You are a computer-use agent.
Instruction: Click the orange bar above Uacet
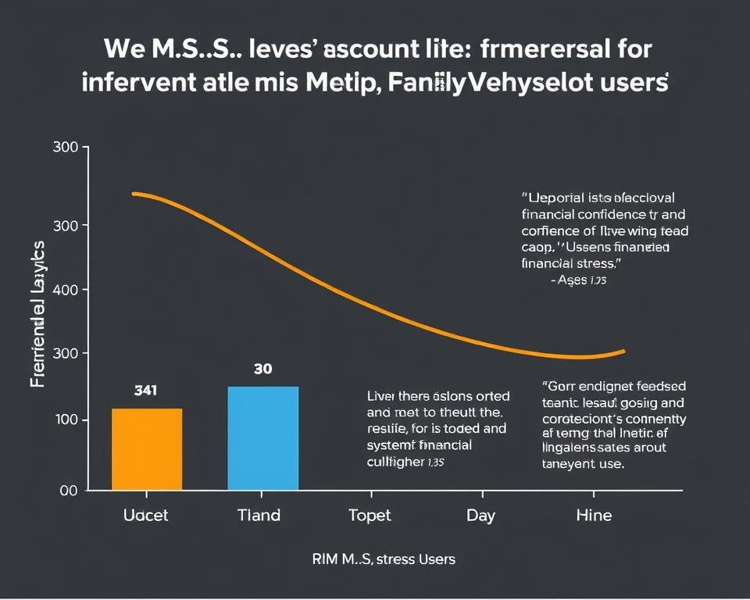(x=147, y=449)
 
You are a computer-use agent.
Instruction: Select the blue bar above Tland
(x=262, y=438)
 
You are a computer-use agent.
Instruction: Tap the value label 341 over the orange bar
(x=146, y=390)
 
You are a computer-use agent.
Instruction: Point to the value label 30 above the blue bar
(x=263, y=369)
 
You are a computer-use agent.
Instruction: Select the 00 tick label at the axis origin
(x=68, y=491)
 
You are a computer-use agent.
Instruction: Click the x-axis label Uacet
(x=146, y=515)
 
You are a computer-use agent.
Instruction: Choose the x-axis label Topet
(x=370, y=515)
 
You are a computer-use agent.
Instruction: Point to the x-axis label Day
(x=481, y=515)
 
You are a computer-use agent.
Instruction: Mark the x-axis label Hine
(x=594, y=515)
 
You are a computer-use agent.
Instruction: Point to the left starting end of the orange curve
(x=134, y=193)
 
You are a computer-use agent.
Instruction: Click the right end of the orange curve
(x=624, y=351)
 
